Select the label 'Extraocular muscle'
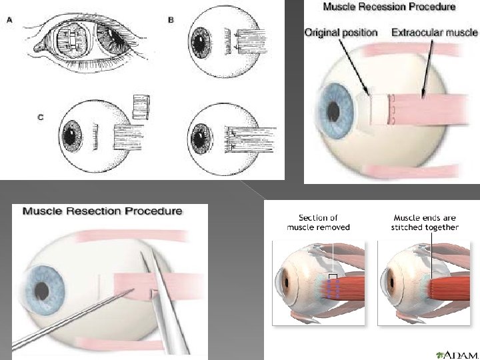click(434, 32)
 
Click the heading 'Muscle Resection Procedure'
click(103, 211)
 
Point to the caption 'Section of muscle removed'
click(318, 222)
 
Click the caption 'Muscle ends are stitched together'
click(425, 222)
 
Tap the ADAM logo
click(457, 353)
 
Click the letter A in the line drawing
click(9, 20)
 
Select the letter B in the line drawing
click(171, 21)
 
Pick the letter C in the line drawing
click(40, 117)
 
